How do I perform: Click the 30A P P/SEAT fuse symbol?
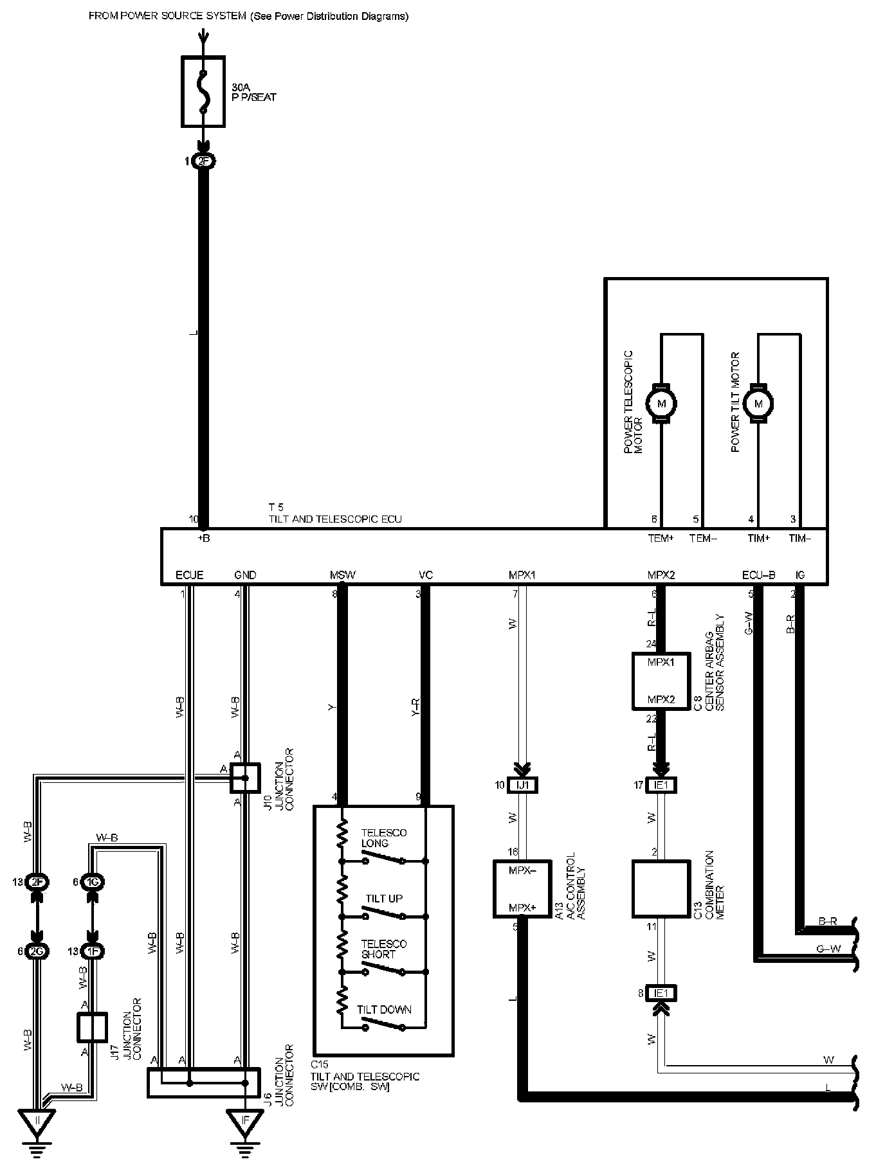coord(203,91)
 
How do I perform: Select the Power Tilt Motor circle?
coord(758,404)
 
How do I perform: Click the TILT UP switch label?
coord(384,899)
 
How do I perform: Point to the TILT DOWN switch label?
coord(384,1009)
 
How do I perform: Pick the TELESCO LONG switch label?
coord(383,838)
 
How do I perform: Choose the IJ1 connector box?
coord(522,785)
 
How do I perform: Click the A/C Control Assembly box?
coord(522,888)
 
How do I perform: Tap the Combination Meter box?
coord(661,889)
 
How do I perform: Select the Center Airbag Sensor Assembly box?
coord(661,681)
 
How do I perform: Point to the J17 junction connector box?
coord(92,1027)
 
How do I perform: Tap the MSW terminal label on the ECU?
coord(342,575)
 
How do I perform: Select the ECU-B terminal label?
coord(758,575)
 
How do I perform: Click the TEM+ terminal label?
coord(661,539)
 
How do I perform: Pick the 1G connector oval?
coord(95,882)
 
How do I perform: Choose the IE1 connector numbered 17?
coord(661,785)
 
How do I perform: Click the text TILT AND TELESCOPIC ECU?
coord(335,519)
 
